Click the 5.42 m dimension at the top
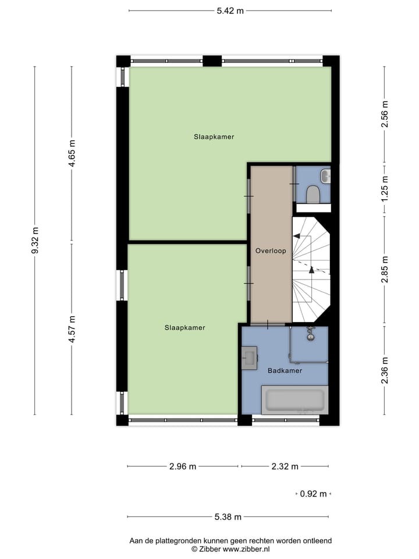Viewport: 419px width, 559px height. (x=230, y=10)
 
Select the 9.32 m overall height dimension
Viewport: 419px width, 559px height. (x=35, y=240)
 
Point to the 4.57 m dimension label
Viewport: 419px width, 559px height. (x=72, y=329)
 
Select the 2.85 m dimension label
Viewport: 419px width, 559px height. (x=384, y=269)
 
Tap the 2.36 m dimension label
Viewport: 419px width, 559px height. (x=384, y=370)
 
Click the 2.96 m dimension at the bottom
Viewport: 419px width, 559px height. (x=182, y=466)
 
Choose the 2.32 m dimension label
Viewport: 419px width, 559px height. (x=285, y=466)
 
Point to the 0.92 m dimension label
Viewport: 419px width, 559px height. (x=313, y=494)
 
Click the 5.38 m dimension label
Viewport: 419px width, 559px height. (x=228, y=516)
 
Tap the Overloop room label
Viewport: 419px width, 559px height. (x=270, y=251)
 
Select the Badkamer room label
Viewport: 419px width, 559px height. (x=285, y=370)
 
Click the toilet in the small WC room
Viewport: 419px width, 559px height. (x=313, y=194)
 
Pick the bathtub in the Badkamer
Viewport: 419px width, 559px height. (x=294, y=401)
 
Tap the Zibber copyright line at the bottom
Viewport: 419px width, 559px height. (x=230, y=549)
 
